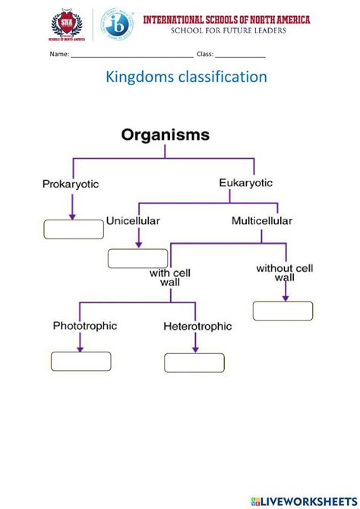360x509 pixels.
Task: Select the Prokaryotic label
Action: [71, 184]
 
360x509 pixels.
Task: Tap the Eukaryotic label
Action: [245, 182]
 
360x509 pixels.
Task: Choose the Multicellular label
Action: [262, 221]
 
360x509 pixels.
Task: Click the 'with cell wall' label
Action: [169, 277]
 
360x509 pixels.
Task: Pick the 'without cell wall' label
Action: [285, 273]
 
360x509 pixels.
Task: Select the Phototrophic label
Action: [84, 325]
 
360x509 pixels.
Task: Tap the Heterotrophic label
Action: [196, 327]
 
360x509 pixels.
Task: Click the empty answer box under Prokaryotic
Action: [73, 229]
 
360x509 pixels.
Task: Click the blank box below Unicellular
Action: [137, 258]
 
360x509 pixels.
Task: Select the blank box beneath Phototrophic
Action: [80, 361]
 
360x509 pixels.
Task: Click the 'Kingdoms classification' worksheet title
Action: [179, 77]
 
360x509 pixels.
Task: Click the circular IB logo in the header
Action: [118, 25]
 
